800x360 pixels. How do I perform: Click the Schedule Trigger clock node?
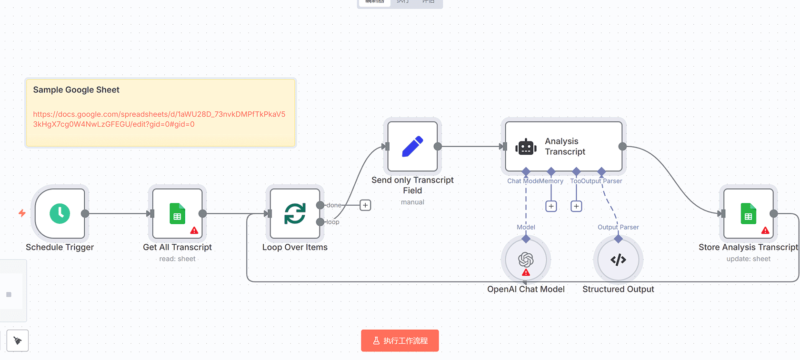click(60, 213)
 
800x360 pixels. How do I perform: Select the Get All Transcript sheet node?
click(177, 213)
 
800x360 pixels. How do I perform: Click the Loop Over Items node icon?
click(295, 213)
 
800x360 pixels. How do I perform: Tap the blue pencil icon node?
click(412, 146)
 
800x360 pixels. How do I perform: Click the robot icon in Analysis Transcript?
click(526, 147)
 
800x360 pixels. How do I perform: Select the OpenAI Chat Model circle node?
click(526, 260)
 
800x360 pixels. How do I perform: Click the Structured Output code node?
click(618, 260)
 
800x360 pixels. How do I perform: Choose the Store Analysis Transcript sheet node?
click(748, 213)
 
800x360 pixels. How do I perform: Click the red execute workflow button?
click(400, 340)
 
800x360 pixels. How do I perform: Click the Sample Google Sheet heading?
click(76, 90)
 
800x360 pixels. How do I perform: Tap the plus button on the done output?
click(365, 205)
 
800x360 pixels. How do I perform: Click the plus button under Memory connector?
click(551, 206)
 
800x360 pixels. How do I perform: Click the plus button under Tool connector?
click(576, 206)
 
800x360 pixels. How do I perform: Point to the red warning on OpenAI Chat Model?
click(526, 272)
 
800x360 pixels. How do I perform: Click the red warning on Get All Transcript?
click(194, 230)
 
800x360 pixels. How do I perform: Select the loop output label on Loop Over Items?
click(333, 222)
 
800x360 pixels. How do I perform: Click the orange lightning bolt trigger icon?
click(22, 213)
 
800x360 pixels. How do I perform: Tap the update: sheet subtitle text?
click(748, 259)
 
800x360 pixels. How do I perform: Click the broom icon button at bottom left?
click(18, 340)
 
